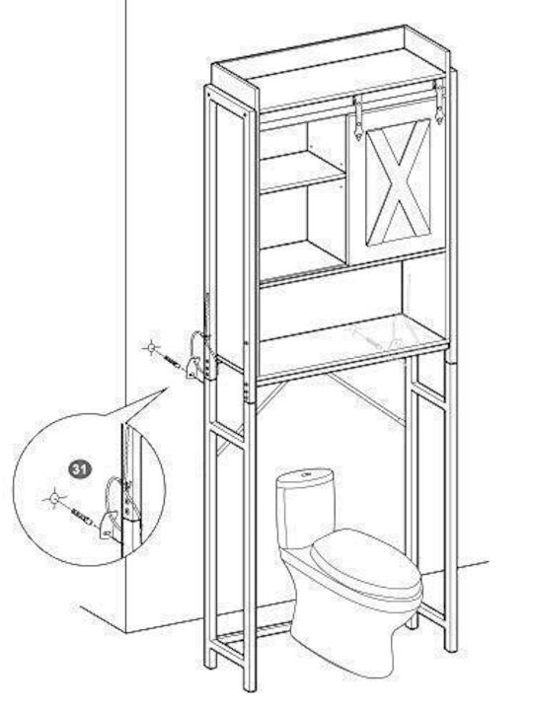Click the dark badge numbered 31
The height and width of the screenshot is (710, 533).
pos(80,468)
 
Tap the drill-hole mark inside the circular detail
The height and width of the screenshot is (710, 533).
pos(54,499)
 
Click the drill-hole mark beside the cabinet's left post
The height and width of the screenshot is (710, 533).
pos(151,348)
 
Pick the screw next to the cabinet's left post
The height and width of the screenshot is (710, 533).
pos(174,362)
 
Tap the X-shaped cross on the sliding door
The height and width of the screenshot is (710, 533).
pos(399,182)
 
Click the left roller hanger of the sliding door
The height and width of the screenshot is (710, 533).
pos(358,118)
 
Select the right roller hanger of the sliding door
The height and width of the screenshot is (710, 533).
pos(438,102)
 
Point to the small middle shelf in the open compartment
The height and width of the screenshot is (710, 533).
pos(302,172)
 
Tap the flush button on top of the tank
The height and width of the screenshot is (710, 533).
pos(306,474)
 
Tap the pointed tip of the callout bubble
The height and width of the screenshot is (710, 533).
pos(168,387)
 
